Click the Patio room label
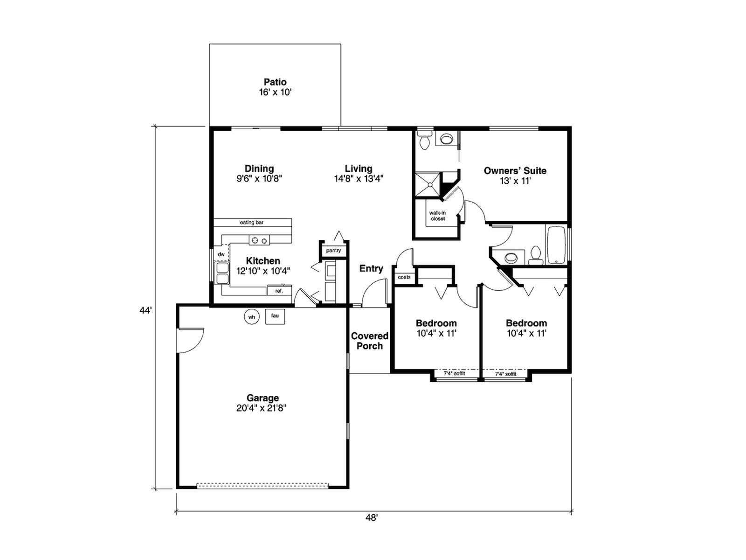point(275,82)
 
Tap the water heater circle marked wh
point(251,317)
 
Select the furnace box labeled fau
point(275,316)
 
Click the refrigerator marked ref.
point(279,290)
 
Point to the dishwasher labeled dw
point(221,254)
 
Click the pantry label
point(333,251)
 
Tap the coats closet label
point(404,277)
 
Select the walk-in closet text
point(437,216)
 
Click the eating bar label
point(251,223)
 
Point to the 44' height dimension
point(145,310)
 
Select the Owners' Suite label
point(515,171)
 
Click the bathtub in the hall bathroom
point(556,245)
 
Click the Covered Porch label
point(369,341)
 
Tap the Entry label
point(371,269)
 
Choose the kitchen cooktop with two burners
point(259,240)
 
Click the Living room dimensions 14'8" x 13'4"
point(359,179)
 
